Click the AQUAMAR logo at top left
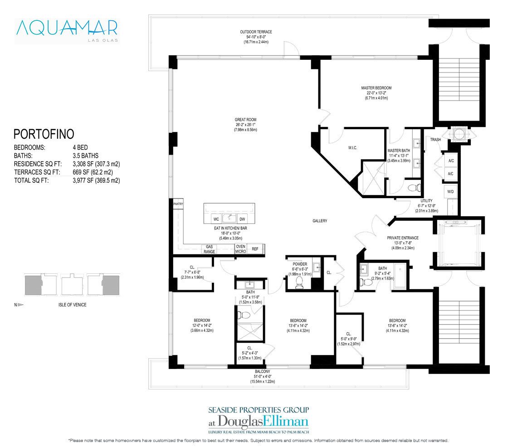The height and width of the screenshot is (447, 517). (x=66, y=29)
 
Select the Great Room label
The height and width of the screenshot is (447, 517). (x=246, y=120)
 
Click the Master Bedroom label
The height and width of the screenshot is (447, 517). (x=376, y=88)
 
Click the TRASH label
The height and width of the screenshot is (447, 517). (x=435, y=140)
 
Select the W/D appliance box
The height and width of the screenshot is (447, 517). (x=450, y=192)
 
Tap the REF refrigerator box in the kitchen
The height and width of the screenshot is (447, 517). (x=255, y=249)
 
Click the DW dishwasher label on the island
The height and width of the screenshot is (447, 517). (x=242, y=219)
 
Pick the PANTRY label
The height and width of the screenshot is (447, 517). (x=178, y=204)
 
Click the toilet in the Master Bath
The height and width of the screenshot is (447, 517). (x=413, y=188)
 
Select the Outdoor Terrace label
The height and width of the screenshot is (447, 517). (x=256, y=32)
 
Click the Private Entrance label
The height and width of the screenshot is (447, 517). (x=403, y=238)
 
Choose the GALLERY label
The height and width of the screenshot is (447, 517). (x=320, y=221)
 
